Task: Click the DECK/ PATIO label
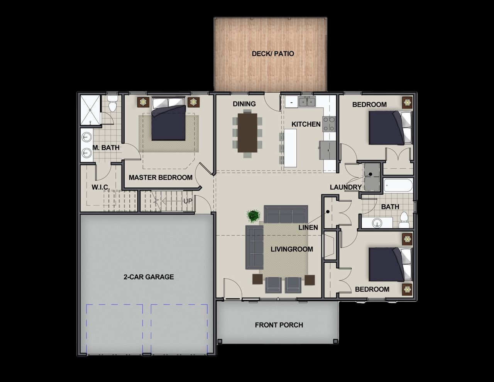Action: tap(273, 54)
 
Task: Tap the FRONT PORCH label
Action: tap(279, 325)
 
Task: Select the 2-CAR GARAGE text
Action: tap(149, 277)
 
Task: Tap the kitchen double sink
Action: tap(308, 102)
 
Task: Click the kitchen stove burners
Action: tap(329, 124)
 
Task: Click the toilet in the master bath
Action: tap(112, 105)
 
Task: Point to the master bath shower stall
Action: tap(90, 110)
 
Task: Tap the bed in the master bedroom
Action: tap(168, 119)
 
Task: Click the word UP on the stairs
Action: tap(188, 201)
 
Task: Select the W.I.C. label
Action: tap(101, 187)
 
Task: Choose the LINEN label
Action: tap(308, 228)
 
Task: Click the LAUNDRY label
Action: tap(345, 187)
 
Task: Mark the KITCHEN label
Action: tap(306, 124)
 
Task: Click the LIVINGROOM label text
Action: tap(292, 249)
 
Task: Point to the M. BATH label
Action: tap(106, 148)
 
